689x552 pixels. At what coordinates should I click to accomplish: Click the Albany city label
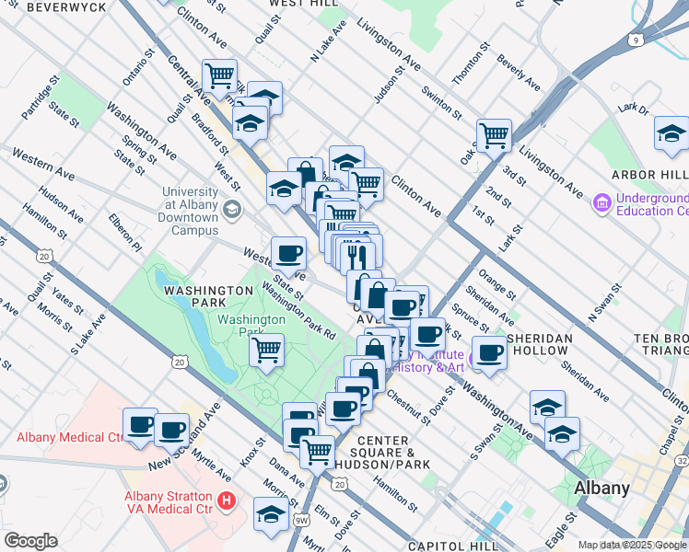point(601,489)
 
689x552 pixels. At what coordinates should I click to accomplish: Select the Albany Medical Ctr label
point(69,436)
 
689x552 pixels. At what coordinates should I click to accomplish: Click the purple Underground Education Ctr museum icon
point(602,201)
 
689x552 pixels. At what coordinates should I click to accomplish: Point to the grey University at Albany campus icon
point(231,209)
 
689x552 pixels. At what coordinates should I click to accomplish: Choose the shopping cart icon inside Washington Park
point(266,350)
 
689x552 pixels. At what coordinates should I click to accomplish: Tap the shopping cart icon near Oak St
point(494,135)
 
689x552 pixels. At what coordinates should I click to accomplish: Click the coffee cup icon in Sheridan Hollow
point(489,352)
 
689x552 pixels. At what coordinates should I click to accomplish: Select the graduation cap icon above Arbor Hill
point(671,134)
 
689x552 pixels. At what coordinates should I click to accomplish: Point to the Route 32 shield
point(683,459)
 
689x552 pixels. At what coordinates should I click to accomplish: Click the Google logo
point(30,541)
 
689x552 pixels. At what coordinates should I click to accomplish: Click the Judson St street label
point(390,85)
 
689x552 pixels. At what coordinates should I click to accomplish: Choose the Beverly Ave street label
point(519,73)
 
